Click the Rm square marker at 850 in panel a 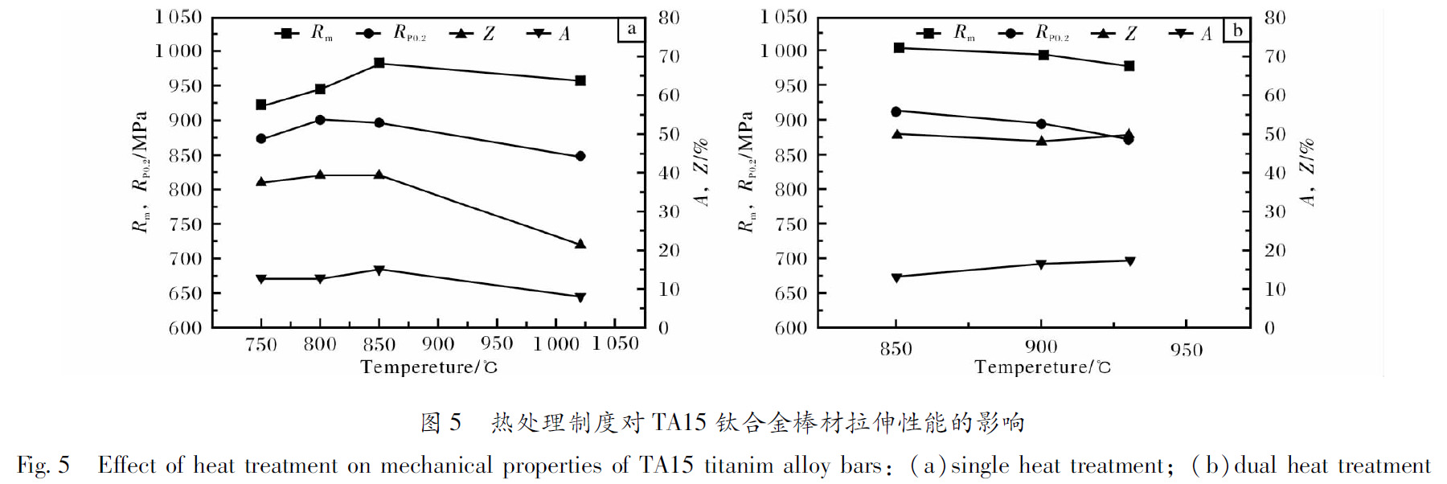(379, 63)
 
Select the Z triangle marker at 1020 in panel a (580, 244)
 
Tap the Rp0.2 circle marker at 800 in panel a (320, 120)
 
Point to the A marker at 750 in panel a (261, 279)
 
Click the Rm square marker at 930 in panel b (1129, 66)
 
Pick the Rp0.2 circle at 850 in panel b (896, 112)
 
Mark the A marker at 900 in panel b (1042, 265)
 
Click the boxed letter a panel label (631, 30)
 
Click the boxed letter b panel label (1237, 31)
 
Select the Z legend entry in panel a (474, 34)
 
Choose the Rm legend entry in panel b (949, 33)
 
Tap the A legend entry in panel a (550, 34)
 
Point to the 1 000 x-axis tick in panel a (556, 344)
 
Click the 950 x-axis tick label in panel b (1187, 350)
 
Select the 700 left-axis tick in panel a (185, 259)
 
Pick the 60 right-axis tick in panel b (1275, 95)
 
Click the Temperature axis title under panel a (428, 367)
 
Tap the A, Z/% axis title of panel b (1307, 172)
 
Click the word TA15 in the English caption (666, 466)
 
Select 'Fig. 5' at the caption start (43, 466)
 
